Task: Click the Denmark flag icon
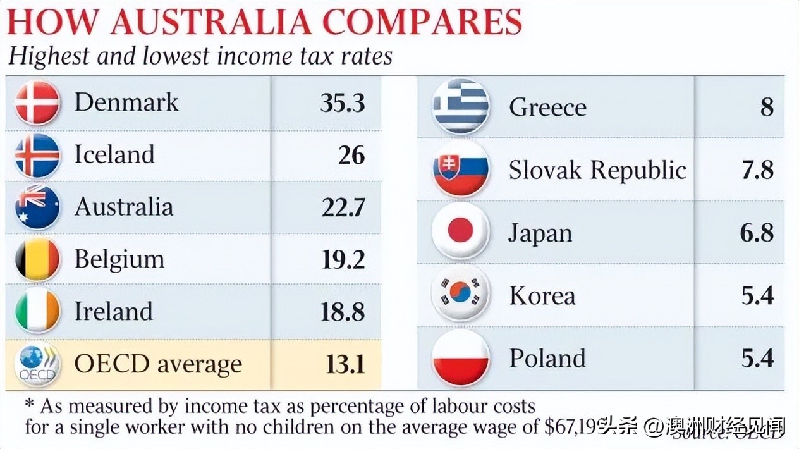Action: tap(37, 103)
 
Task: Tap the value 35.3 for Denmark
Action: tap(342, 103)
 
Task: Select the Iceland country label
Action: tap(114, 155)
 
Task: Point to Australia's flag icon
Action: tap(37, 207)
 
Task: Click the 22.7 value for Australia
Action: tap(343, 207)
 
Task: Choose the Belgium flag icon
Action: tap(37, 259)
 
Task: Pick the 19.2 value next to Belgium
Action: tap(343, 259)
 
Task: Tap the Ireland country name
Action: tap(114, 311)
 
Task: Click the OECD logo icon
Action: tap(37, 364)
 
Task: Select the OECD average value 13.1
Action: tap(346, 364)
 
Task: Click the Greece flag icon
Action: tap(461, 106)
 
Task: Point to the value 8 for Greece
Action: tap(766, 108)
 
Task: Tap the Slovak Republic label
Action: tap(597, 170)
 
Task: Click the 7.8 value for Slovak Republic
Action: tap(757, 170)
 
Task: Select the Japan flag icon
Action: tap(461, 231)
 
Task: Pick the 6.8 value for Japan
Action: tap(757, 233)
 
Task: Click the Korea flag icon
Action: tap(461, 294)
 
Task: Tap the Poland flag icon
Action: tap(461, 357)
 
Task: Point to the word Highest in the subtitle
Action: tap(49, 56)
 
